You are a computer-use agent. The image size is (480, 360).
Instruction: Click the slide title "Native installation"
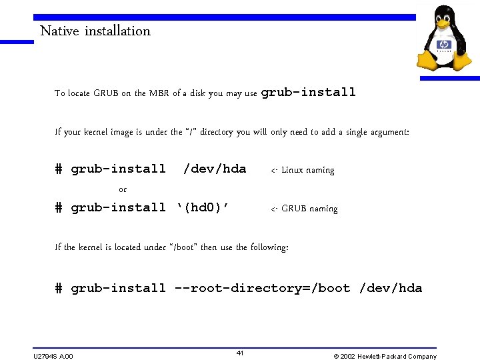click(x=95, y=31)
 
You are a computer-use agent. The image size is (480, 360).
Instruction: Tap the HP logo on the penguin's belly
click(x=444, y=45)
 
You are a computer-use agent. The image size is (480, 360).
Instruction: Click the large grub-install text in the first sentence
click(x=309, y=92)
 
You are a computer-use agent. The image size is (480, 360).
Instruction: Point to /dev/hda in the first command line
click(x=215, y=169)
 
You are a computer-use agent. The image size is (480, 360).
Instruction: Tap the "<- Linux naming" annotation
click(x=303, y=171)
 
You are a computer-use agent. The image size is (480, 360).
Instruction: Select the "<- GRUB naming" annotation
click(x=304, y=209)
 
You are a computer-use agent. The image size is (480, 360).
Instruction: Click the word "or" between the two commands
click(x=123, y=190)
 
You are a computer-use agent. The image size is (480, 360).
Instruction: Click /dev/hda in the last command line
click(x=391, y=288)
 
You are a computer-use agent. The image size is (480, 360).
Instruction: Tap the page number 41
click(x=240, y=353)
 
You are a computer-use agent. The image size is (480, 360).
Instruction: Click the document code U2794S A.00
click(x=53, y=356)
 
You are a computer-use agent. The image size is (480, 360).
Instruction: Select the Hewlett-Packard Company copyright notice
click(x=385, y=356)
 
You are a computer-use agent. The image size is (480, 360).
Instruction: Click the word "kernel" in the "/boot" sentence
click(x=91, y=247)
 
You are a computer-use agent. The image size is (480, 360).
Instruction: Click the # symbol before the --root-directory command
click(x=59, y=288)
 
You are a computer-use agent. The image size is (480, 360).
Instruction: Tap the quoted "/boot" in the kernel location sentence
click(x=183, y=247)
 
